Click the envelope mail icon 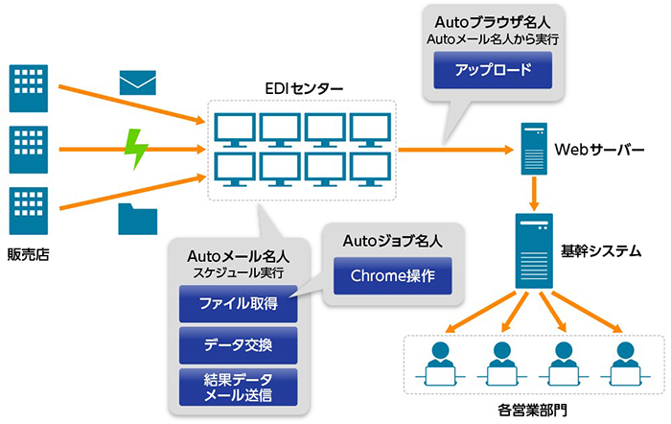[137, 82]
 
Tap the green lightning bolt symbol [136, 149]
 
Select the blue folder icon [137, 219]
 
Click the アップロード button [493, 70]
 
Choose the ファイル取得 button [238, 304]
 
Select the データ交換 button [238, 345]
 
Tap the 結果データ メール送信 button [238, 387]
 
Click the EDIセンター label [304, 88]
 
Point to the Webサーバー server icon [534, 149]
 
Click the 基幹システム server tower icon [534, 251]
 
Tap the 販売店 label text [28, 254]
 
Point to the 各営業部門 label [532, 410]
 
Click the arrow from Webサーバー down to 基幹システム [534, 193]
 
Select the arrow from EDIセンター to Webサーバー [455, 150]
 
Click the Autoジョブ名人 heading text [392, 241]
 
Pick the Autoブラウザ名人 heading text [493, 22]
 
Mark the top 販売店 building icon [28, 88]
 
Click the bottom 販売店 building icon [28, 211]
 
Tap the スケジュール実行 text [238, 272]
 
